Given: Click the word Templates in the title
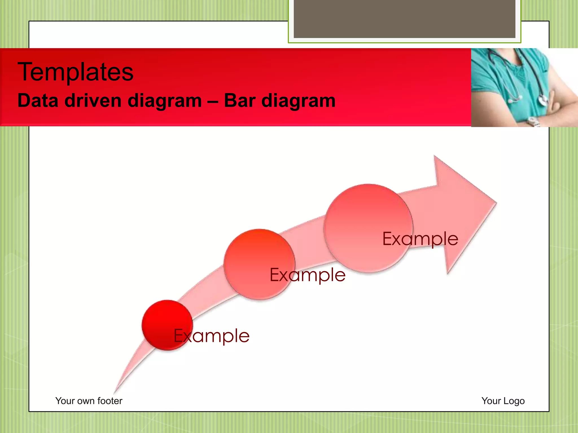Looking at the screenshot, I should [x=75, y=72].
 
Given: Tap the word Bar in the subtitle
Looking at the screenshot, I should [x=240, y=101].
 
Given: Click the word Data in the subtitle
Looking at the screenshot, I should [x=38, y=101].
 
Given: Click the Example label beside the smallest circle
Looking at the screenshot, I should [x=212, y=336].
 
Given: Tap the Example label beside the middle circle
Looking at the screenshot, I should [x=308, y=275].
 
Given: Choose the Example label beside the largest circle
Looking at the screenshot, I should [x=420, y=239].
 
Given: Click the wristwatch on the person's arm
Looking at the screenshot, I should [x=533, y=122].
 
